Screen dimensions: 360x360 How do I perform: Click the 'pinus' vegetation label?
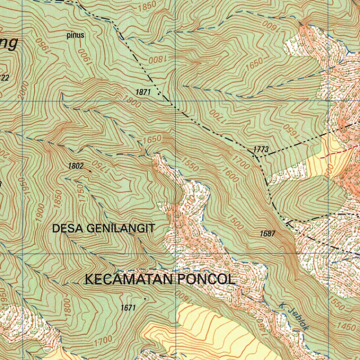pos(76,35)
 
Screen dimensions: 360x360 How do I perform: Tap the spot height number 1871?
pos(143,92)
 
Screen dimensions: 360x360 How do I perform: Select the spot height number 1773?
pos(261,150)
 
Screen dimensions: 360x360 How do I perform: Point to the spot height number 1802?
pos(76,166)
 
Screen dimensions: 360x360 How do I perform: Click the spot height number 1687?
pos(268,233)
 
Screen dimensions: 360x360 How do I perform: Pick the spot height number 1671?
pos(128,308)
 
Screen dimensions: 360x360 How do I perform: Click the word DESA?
pos(68,229)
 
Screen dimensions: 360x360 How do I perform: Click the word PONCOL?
pos(206,280)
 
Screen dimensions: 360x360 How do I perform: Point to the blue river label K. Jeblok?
pos(295,317)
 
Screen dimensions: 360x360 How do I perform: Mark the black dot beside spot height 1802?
pos(90,171)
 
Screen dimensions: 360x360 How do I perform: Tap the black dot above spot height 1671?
pos(145,298)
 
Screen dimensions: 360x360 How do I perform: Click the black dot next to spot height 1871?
pos(159,94)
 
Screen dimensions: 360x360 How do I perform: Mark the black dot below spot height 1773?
pos(256,156)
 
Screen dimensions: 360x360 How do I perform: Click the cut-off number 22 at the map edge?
pos(4,78)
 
